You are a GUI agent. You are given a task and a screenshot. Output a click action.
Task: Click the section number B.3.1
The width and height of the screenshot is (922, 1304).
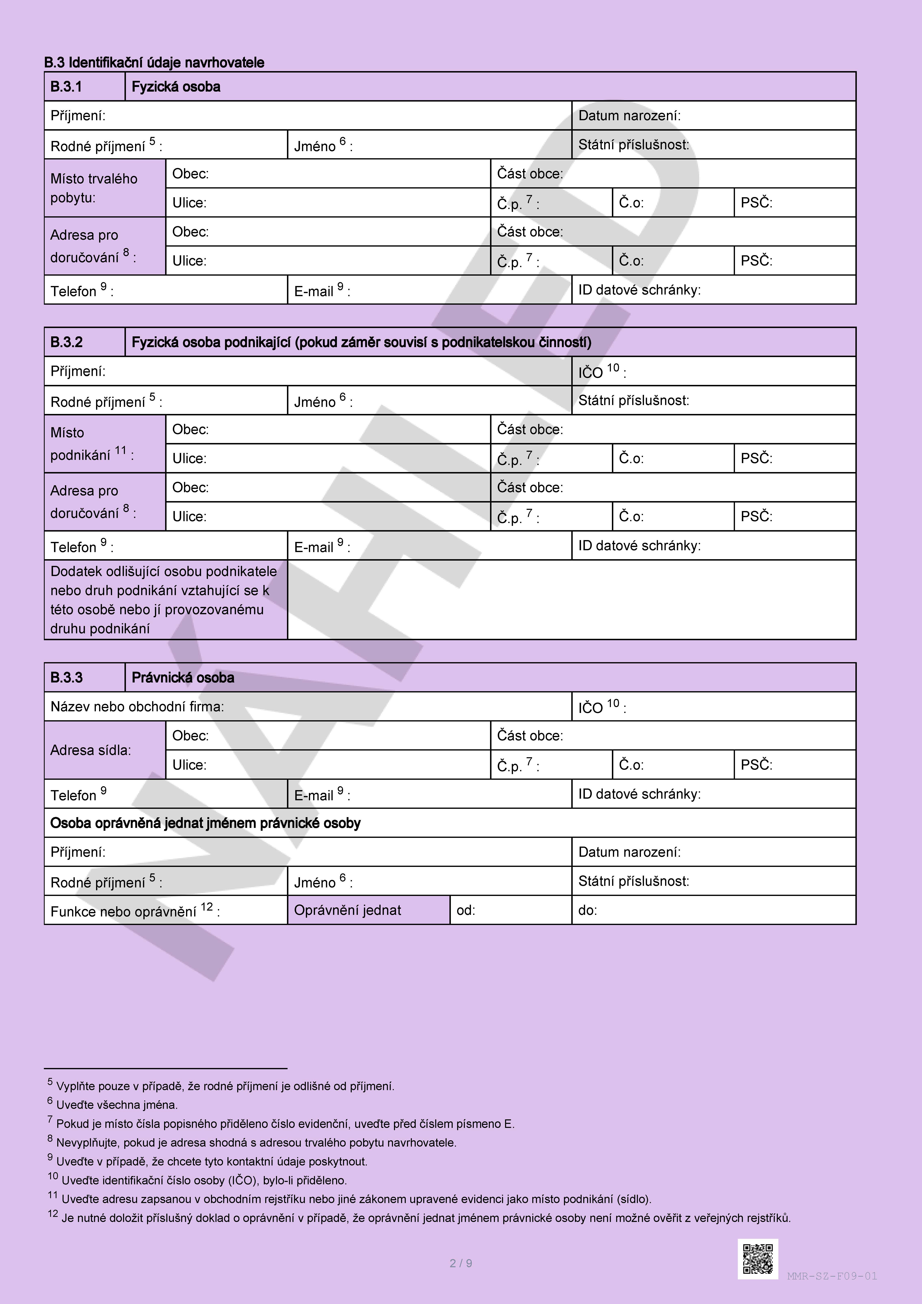tap(66, 87)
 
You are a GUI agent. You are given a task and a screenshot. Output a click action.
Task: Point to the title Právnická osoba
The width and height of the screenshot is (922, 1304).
tap(183, 678)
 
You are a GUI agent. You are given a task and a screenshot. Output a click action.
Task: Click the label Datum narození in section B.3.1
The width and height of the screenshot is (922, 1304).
tap(629, 116)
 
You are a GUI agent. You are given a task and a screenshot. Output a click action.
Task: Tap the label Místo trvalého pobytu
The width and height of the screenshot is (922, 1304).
tap(94, 188)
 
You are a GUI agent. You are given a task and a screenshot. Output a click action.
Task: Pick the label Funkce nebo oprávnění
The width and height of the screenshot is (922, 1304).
tap(135, 911)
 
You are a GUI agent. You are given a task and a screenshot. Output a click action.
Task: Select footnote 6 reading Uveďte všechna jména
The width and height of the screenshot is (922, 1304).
tap(116, 1105)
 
